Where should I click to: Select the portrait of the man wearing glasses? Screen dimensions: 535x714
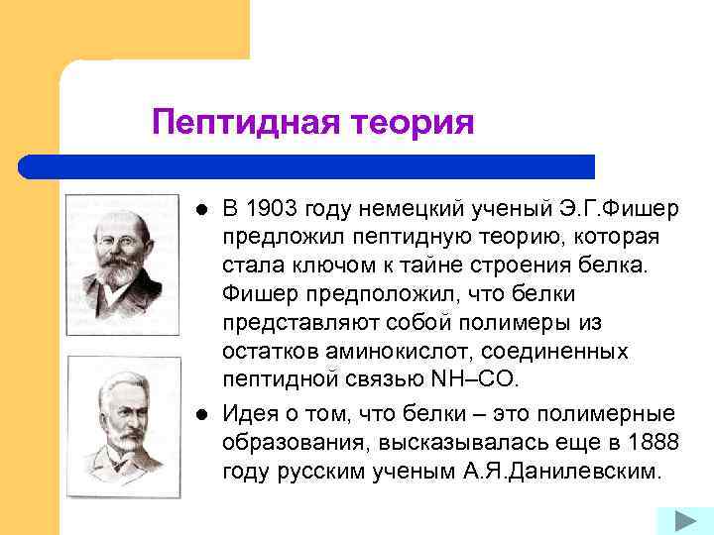pos(122,264)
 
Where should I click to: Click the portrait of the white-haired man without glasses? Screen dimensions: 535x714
pos(122,425)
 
